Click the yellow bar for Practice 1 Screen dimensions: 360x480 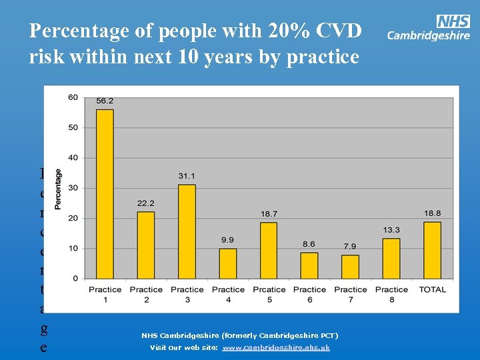105,193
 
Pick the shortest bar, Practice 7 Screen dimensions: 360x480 351,267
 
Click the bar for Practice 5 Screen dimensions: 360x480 269,250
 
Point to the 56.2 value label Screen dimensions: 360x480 105,101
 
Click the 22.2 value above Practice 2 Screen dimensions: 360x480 146,203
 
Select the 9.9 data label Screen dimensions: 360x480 228,240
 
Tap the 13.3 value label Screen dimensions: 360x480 391,230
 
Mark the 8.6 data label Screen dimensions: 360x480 309,245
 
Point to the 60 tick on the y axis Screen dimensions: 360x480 73,97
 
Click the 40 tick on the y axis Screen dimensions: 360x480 73,158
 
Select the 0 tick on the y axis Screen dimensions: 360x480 75,279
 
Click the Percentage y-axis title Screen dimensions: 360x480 59,189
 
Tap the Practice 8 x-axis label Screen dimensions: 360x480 391,294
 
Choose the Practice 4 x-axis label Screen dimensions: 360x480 228,294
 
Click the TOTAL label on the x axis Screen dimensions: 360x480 432,289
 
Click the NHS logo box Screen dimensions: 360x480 453,21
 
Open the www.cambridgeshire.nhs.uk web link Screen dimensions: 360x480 276,348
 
